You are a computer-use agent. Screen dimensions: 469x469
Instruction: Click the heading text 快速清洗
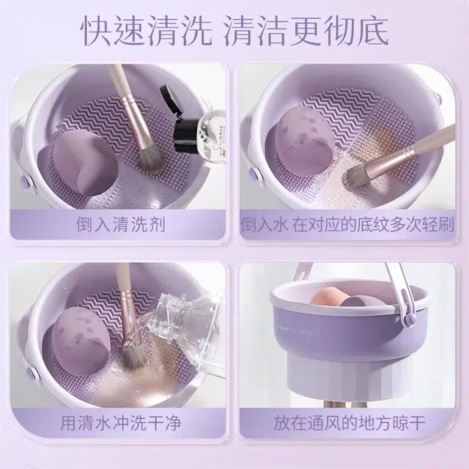147,31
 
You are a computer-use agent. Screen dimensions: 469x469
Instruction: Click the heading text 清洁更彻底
306,31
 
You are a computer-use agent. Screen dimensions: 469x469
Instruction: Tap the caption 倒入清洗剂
120,224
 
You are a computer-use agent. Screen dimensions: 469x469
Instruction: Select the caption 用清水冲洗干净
121,423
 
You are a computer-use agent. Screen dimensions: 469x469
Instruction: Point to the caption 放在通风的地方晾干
350,423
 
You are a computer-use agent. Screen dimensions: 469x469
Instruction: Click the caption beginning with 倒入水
347,224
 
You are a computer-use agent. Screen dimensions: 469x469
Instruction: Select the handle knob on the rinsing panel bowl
32,373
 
